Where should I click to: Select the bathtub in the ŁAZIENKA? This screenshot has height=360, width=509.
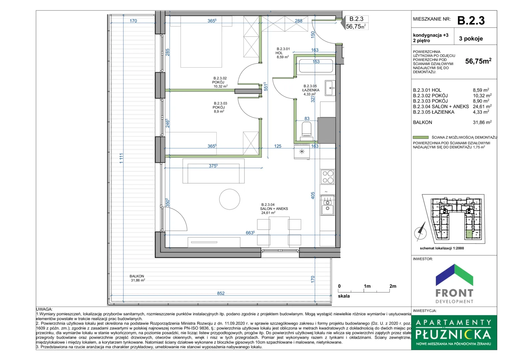point(316,66)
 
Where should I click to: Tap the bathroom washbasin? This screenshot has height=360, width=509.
point(330,88)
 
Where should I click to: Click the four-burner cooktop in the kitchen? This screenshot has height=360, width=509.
point(328,177)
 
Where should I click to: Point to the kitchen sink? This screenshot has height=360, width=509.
point(327,205)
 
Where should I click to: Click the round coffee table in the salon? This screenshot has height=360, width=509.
point(230,199)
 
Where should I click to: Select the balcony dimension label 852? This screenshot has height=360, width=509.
point(221,293)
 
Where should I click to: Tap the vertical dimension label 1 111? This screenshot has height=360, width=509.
point(121,158)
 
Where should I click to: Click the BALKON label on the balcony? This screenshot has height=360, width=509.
point(137,276)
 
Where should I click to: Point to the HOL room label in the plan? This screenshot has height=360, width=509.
point(279,53)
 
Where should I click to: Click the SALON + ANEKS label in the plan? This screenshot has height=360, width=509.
point(274,209)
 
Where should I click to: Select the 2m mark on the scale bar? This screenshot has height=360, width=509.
point(393,286)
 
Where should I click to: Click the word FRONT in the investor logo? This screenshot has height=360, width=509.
point(454,293)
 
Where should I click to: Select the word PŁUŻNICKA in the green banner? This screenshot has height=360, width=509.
point(453,334)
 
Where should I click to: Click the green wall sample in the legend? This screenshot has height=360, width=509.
point(421,137)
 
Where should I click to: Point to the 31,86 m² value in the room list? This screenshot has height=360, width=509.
point(482,122)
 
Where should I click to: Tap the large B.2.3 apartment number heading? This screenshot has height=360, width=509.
point(471,20)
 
